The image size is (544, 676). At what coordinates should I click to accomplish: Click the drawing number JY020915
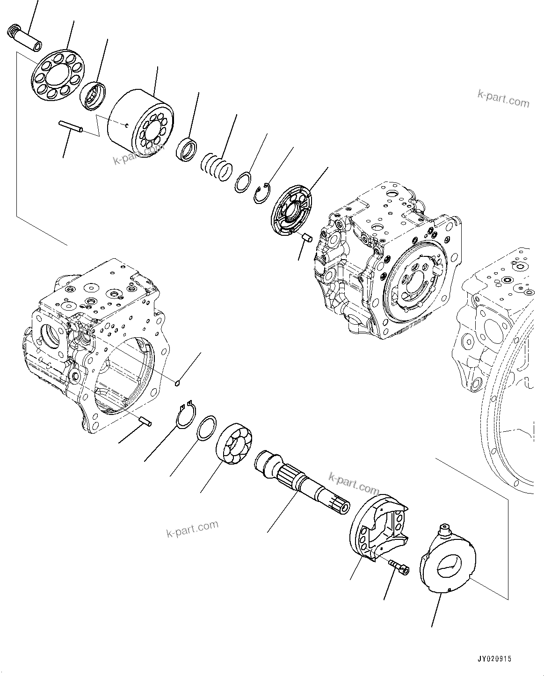pos(495,659)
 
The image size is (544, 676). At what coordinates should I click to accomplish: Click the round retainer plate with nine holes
pos(58,75)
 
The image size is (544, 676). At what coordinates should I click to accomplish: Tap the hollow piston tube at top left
pos(25,38)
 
